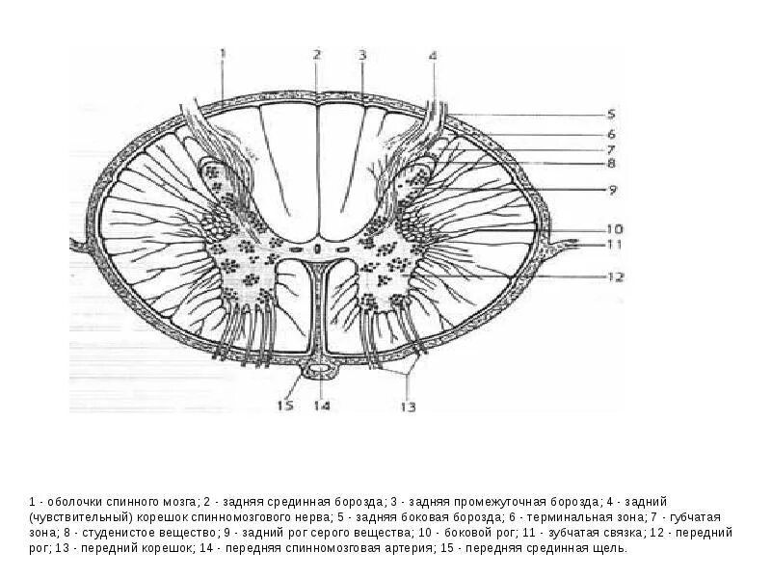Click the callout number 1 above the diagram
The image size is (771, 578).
[223, 54]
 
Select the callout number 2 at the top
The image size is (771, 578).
[316, 54]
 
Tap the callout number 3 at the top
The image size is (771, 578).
[361, 54]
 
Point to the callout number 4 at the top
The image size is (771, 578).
[433, 56]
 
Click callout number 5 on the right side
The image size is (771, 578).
[610, 114]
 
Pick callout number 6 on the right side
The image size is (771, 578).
[611, 134]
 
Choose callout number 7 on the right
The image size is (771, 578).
[611, 149]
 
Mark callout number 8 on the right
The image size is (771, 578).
[611, 164]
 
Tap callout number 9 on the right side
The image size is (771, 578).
[611, 190]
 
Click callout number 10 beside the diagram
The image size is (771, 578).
[613, 229]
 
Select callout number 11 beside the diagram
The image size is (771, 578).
[613, 245]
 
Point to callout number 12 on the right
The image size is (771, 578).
[615, 277]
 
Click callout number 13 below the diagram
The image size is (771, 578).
[409, 407]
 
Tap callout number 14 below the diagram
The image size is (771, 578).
[321, 406]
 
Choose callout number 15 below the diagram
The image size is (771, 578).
[285, 406]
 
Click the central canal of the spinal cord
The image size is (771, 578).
[318, 249]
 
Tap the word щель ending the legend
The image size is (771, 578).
[610, 548]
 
